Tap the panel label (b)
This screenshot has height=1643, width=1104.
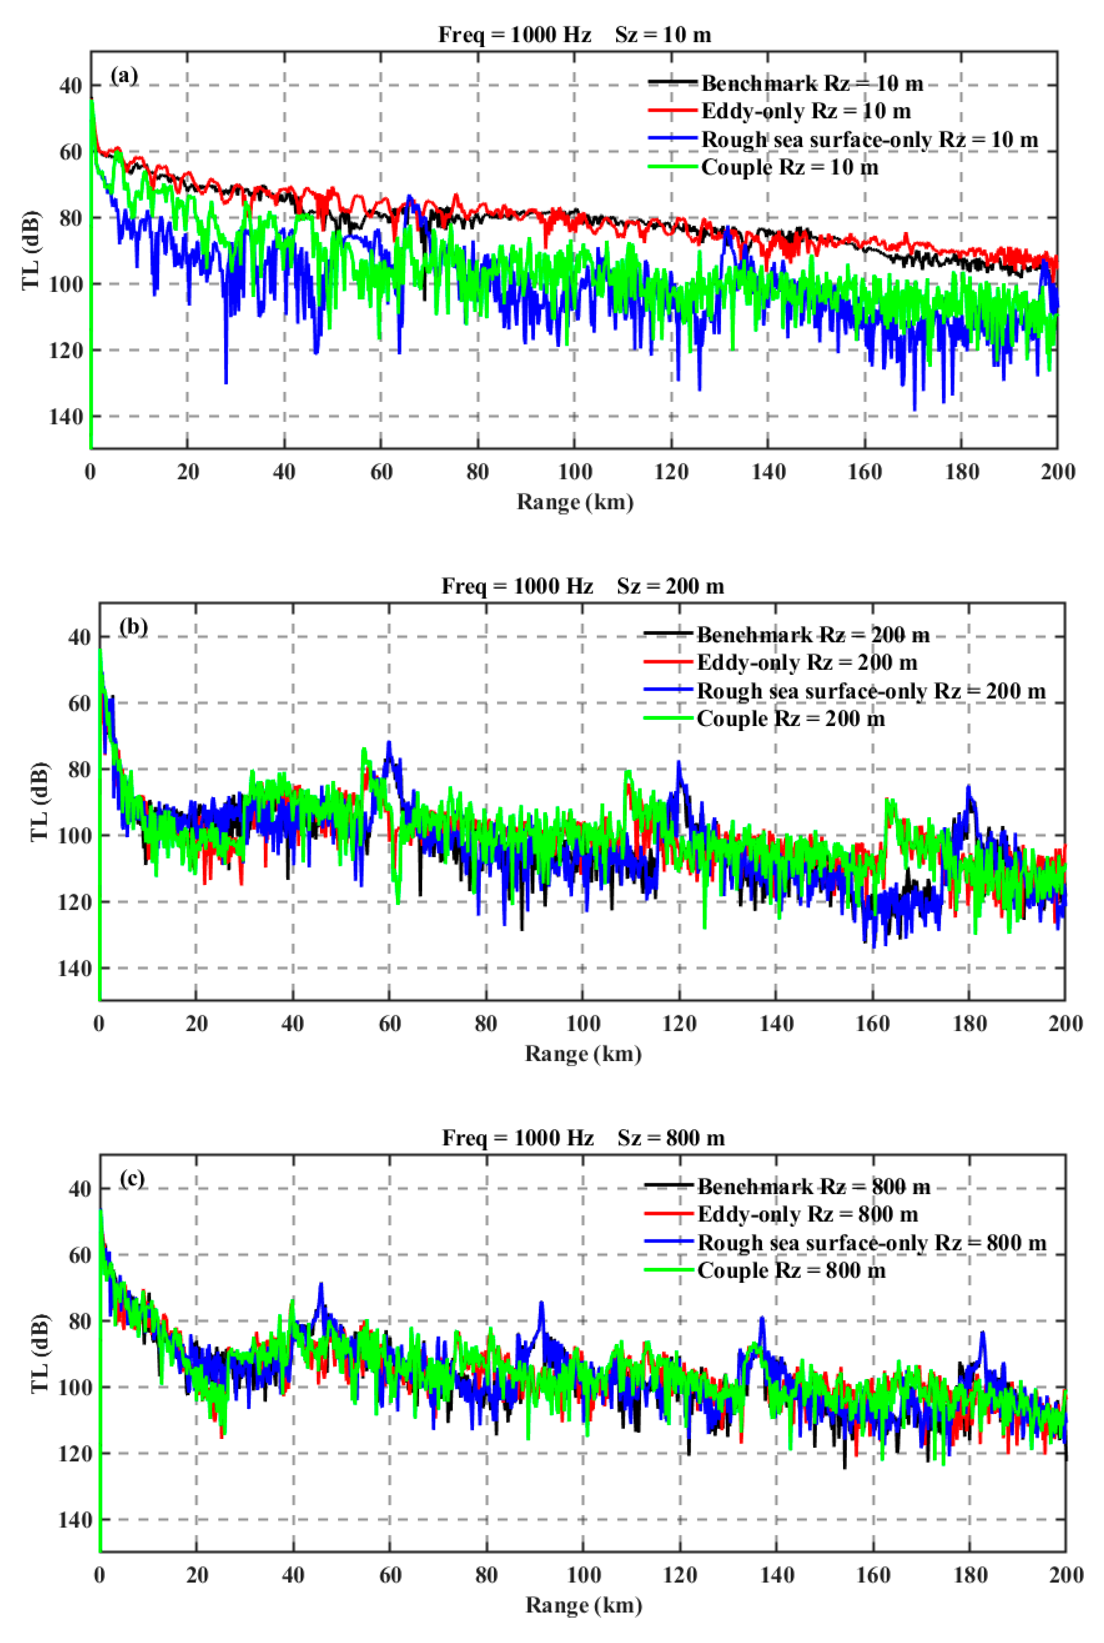(133, 626)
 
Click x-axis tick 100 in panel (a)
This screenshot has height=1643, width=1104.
(574, 472)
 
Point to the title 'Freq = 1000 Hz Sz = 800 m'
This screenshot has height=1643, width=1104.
(583, 1138)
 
